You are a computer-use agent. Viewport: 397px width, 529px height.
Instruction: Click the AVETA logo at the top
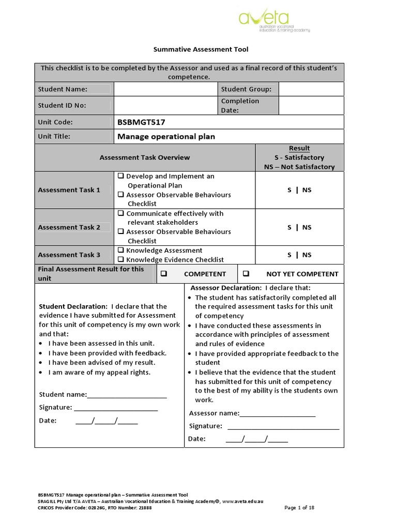(x=274, y=21)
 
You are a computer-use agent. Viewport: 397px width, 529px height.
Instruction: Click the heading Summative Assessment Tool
(x=201, y=50)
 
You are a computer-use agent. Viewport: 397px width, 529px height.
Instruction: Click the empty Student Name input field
(x=165, y=89)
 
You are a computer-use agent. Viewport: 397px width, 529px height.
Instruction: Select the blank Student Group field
(x=311, y=89)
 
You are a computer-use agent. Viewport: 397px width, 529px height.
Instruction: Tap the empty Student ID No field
(x=165, y=105)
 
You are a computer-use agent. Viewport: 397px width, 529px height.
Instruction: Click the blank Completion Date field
(x=311, y=105)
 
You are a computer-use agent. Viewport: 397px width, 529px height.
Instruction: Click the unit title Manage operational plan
(x=166, y=137)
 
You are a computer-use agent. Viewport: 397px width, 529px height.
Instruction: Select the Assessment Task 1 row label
(x=69, y=190)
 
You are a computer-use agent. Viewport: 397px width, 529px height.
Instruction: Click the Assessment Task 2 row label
(x=69, y=227)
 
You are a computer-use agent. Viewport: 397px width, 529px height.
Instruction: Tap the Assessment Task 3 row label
(x=69, y=255)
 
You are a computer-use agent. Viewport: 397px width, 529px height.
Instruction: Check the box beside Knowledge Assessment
(x=120, y=251)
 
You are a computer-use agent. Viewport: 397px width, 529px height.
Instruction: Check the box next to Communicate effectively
(x=120, y=213)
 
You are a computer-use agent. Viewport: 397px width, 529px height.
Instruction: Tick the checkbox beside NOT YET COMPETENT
(x=246, y=274)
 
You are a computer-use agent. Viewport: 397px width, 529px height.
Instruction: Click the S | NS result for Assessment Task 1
(x=299, y=190)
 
